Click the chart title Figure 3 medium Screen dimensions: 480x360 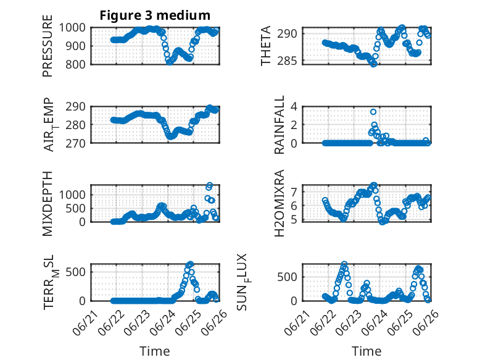(155, 15)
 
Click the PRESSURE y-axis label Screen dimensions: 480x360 (48, 46)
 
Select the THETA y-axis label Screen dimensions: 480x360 (266, 46)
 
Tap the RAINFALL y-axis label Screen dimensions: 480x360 (279, 125)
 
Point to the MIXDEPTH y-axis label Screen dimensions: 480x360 (48, 204)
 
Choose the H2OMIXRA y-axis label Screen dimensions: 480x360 (279, 203)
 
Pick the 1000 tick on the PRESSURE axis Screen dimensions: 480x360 (72, 28)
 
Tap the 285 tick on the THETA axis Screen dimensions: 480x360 (287, 61)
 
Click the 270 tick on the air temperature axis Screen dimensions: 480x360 (75, 143)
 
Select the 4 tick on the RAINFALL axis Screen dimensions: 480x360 (294, 107)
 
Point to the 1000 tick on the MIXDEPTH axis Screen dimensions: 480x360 (72, 195)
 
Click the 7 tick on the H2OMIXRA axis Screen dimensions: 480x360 (294, 192)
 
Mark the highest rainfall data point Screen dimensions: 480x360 (373, 112)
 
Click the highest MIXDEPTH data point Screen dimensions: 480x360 (210, 185)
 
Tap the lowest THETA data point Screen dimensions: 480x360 (373, 64)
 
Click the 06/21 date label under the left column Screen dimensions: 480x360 (86, 323)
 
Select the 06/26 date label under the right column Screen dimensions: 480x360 (426, 323)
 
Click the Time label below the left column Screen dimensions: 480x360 (155, 351)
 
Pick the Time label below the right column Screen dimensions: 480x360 (366, 351)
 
